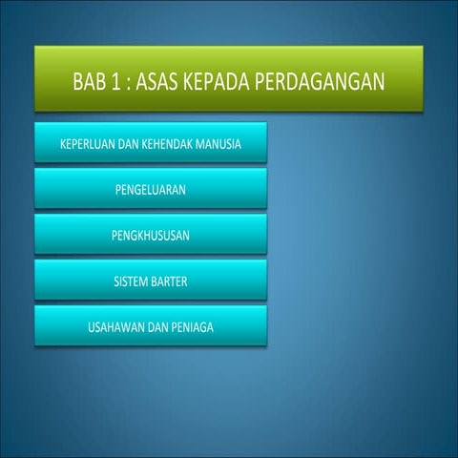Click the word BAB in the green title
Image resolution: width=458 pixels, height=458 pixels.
pos(90,81)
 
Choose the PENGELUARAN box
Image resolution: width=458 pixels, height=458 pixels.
pos(150,190)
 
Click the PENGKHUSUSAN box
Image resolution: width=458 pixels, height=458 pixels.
pos(150,236)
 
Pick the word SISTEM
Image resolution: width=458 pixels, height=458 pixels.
pos(131,281)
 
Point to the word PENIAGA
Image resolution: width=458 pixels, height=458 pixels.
pos(191,326)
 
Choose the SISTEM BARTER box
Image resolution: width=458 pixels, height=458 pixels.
pos(150,281)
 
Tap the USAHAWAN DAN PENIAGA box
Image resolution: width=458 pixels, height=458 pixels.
pos(150,326)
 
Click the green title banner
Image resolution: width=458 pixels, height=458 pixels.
pos(228,81)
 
